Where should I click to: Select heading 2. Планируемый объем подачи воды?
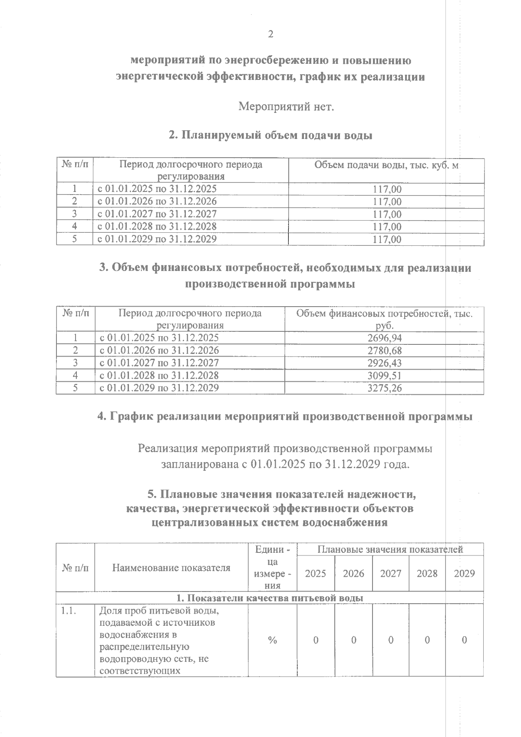click(270, 135)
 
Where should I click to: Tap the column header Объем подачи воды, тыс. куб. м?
click(386, 165)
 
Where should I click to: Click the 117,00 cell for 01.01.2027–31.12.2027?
click(387, 215)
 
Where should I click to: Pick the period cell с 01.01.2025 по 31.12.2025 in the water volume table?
click(157, 189)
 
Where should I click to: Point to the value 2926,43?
click(384, 363)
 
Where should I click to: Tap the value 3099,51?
click(384, 376)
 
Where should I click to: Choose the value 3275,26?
click(384, 388)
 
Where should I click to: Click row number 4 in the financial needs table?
click(75, 376)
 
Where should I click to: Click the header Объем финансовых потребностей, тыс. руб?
click(384, 319)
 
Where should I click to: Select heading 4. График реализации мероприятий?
click(285, 416)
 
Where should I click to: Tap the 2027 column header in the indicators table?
click(390, 573)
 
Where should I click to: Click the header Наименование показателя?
click(171, 568)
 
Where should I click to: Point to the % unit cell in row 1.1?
click(272, 640)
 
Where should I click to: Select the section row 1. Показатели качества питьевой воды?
click(270, 598)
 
